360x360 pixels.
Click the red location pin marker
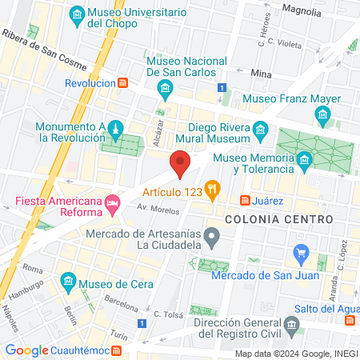(180, 162)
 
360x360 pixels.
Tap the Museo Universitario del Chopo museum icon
(77, 14)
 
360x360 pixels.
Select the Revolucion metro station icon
(122, 82)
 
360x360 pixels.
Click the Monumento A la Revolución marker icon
(116, 129)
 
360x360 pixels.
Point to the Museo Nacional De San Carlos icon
(166, 86)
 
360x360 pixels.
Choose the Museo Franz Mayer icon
(322, 117)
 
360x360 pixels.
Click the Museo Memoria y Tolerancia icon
(304, 162)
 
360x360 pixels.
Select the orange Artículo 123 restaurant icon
(212, 190)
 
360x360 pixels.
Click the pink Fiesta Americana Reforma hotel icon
(114, 205)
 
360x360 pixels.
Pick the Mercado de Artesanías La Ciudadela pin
(212, 236)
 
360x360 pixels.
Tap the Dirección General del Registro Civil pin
(292, 326)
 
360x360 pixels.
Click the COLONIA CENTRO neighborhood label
(267, 218)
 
